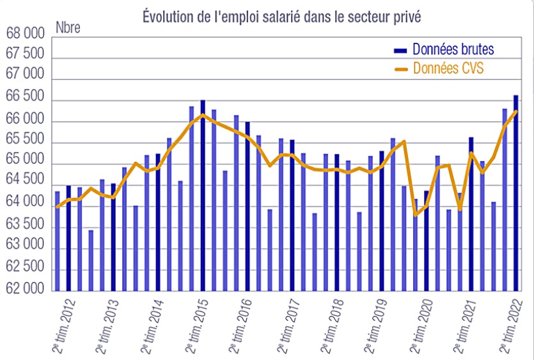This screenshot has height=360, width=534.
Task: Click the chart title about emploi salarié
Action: tap(281, 17)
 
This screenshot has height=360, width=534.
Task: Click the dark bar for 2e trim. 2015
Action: tap(203, 192)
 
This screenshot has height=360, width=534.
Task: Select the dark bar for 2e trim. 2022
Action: tap(516, 192)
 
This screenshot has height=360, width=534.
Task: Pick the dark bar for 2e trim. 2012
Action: tap(68, 237)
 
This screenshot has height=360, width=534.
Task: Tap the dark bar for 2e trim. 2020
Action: tap(427, 240)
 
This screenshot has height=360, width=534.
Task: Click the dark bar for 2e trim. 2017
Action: tap(292, 214)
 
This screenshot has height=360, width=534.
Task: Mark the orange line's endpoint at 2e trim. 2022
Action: tap(515, 111)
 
